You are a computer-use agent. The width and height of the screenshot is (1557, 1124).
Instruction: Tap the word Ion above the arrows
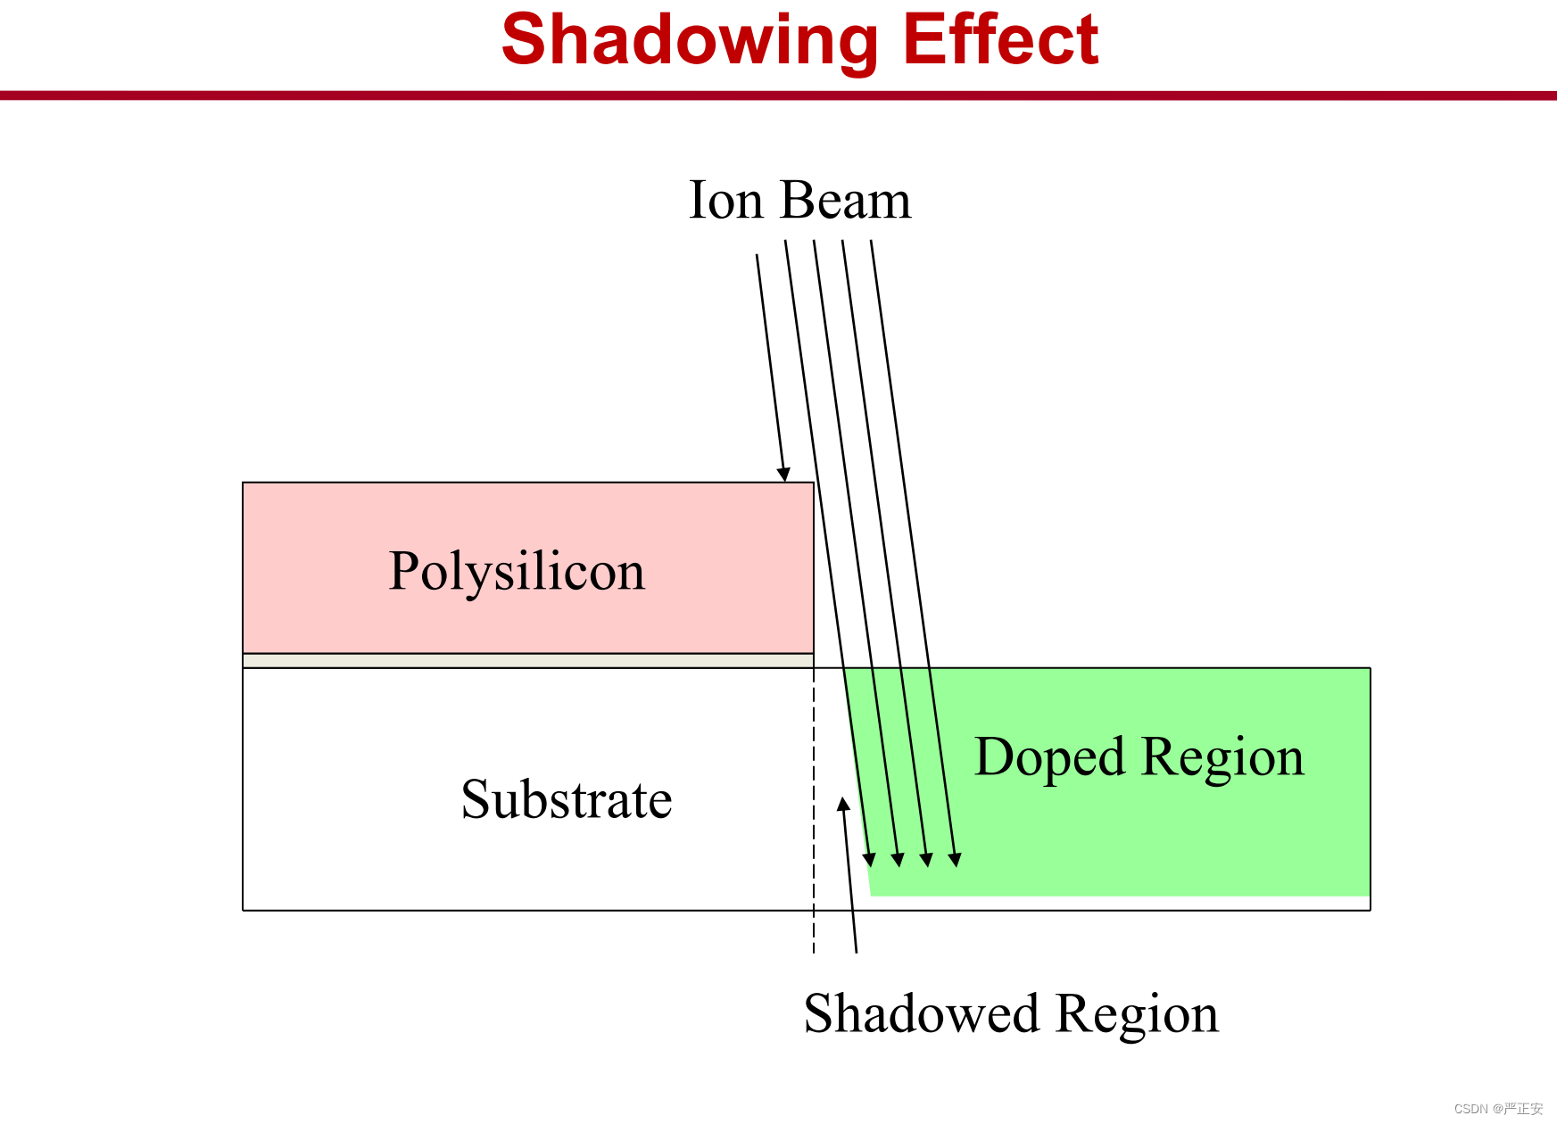click(726, 200)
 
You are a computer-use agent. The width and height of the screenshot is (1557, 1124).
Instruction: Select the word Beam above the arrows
click(845, 200)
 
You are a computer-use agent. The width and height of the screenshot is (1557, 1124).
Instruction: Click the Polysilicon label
click(517, 572)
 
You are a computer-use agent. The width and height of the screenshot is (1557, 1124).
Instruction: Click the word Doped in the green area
click(1049, 758)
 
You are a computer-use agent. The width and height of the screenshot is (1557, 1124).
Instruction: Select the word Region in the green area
click(1222, 759)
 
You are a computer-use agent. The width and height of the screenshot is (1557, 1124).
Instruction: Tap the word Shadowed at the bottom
click(922, 1014)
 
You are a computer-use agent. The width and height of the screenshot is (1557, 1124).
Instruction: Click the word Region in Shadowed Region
click(1138, 1016)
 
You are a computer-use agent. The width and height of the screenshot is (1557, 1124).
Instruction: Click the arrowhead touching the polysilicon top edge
click(783, 475)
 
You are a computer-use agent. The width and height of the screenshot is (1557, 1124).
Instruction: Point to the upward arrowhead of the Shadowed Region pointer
click(843, 804)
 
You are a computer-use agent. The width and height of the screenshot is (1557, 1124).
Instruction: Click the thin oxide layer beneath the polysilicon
click(528, 660)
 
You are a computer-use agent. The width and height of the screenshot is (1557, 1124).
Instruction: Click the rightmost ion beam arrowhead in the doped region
click(955, 860)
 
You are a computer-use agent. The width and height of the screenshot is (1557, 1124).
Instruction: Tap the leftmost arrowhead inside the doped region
click(869, 860)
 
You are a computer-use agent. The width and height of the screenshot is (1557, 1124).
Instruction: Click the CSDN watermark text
click(1498, 1109)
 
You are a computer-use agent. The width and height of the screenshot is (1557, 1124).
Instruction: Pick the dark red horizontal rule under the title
click(778, 95)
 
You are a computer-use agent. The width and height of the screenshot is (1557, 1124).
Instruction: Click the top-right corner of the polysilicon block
click(814, 483)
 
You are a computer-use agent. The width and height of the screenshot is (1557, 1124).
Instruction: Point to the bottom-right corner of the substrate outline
click(1371, 910)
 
